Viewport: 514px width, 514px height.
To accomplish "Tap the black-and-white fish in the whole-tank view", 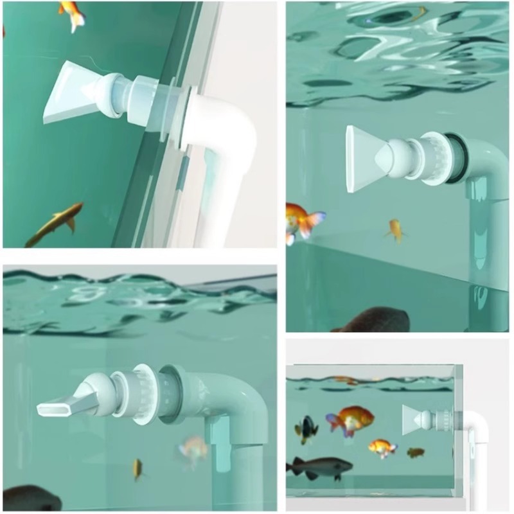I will (x=306, y=429).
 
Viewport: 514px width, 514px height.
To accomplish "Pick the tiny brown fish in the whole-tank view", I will (x=416, y=452).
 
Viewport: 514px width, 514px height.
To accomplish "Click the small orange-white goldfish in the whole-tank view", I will (x=382, y=447).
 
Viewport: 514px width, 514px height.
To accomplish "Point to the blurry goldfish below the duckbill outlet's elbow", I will (x=193, y=450).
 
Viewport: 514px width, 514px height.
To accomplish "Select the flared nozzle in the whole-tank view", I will (x=414, y=419).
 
